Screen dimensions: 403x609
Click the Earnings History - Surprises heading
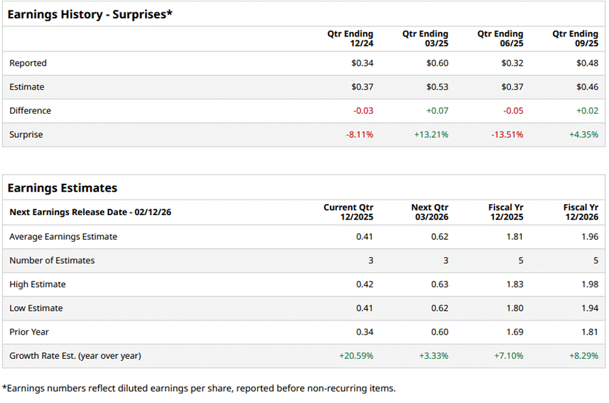click(90, 14)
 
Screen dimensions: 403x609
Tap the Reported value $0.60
click(437, 63)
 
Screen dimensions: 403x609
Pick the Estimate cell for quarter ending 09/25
click(587, 87)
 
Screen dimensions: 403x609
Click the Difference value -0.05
click(512, 111)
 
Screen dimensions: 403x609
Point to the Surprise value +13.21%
click(431, 135)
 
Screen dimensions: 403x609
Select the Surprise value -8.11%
click(360, 135)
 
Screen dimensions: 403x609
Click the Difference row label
click(30, 111)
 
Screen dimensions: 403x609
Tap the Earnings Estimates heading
click(62, 188)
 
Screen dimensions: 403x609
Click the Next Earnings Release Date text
click(90, 212)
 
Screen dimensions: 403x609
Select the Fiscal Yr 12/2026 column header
click(580, 212)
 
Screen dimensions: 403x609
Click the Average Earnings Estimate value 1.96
click(590, 237)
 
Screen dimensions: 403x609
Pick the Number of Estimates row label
click(52, 261)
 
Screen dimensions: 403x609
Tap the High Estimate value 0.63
click(440, 284)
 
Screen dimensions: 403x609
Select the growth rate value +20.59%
click(356, 356)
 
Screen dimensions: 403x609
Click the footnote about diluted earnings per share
click(198, 389)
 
